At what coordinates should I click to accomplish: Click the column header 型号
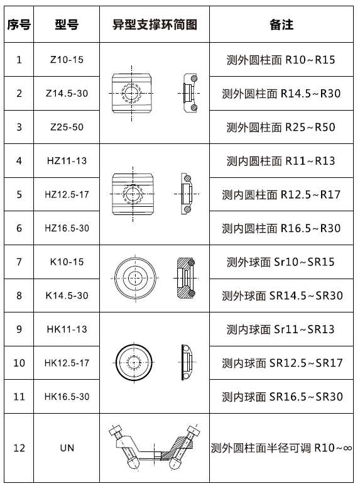[67, 25]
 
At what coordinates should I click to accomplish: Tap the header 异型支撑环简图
[155, 25]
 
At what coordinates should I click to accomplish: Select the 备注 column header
[281, 25]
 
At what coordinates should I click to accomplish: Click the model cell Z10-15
[67, 60]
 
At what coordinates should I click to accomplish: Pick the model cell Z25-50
[67, 127]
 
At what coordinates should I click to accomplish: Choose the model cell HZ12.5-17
[67, 194]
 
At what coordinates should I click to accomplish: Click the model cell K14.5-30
[67, 295]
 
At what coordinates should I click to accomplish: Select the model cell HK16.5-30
[67, 397]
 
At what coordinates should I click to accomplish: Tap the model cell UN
[67, 448]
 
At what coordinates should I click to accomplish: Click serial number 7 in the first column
[19, 262]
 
